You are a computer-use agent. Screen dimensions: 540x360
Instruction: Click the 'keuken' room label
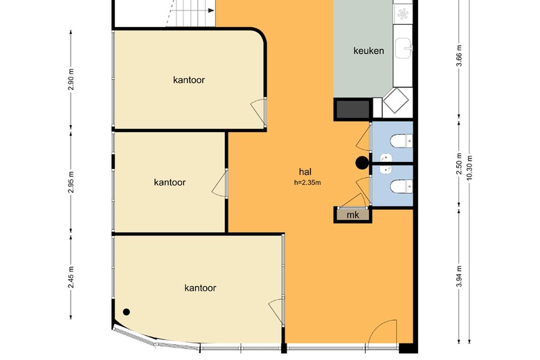(x=368, y=51)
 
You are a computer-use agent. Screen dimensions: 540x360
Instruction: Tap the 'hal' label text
(x=305, y=172)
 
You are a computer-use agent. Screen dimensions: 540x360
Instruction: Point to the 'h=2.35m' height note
(x=307, y=183)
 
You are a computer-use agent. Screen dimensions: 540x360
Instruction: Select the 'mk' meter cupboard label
(x=352, y=215)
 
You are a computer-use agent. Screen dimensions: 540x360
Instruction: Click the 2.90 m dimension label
(x=71, y=79)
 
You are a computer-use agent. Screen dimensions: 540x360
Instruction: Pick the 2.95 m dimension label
(x=71, y=182)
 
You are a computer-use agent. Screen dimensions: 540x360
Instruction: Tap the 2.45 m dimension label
(x=71, y=277)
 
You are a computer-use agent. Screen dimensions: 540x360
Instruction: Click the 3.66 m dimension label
(x=459, y=56)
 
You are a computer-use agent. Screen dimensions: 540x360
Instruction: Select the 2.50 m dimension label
(x=459, y=163)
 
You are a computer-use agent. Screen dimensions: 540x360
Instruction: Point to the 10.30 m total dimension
(x=469, y=168)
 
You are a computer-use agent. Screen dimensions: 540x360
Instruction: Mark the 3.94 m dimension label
(x=459, y=276)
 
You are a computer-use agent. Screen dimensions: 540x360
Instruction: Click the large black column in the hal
(x=362, y=163)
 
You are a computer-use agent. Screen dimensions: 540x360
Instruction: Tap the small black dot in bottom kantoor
(x=127, y=312)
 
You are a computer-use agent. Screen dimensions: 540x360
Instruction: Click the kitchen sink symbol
(x=404, y=48)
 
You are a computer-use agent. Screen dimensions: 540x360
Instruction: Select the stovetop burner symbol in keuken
(x=403, y=14)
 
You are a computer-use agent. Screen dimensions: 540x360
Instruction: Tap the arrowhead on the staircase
(x=211, y=10)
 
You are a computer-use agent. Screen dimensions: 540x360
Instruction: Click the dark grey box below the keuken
(x=352, y=109)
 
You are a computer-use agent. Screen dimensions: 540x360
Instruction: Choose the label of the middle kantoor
(x=170, y=182)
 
